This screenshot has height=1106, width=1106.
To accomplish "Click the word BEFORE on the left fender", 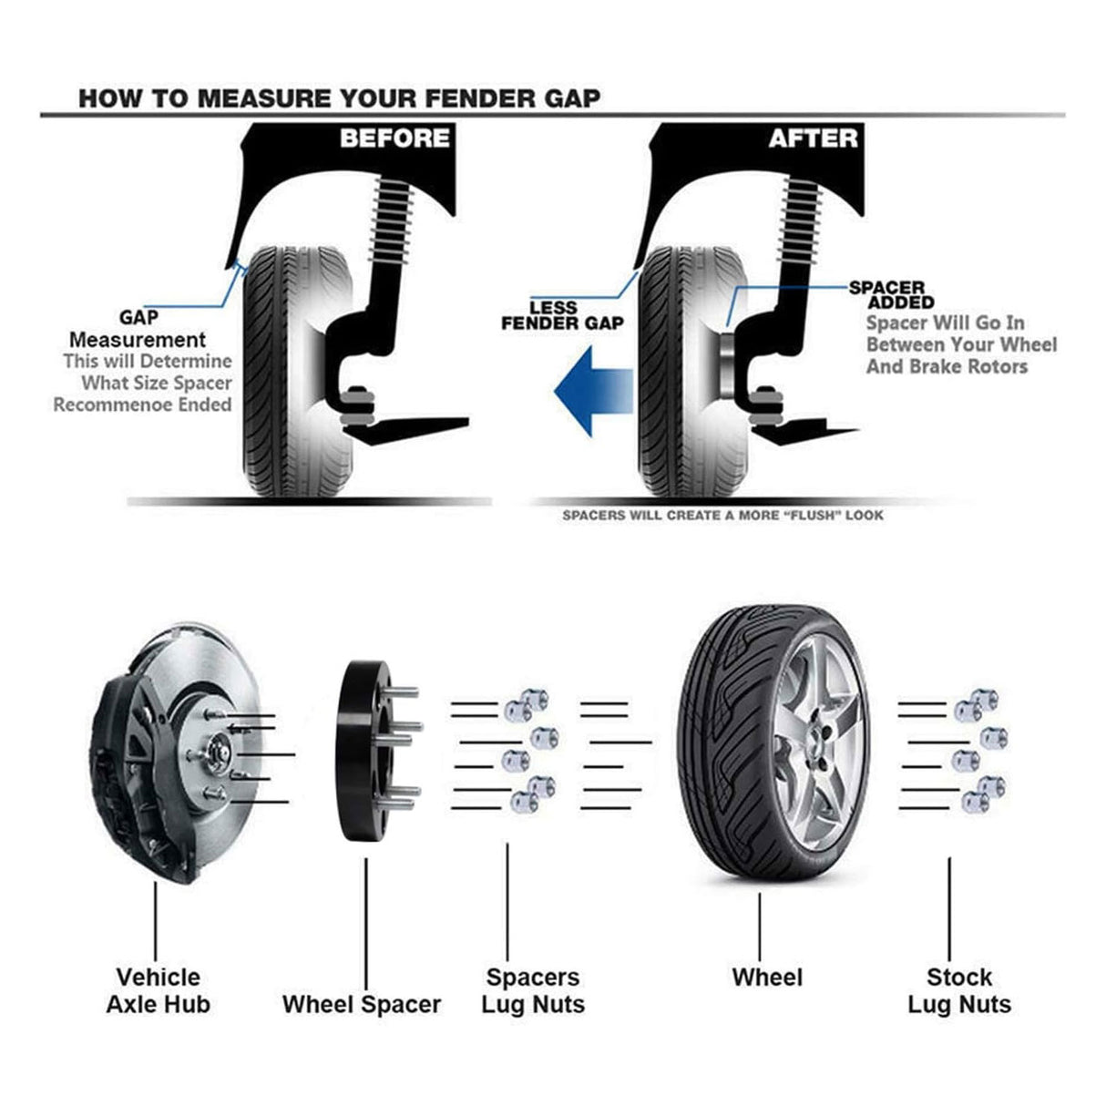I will pyautogui.click(x=394, y=138).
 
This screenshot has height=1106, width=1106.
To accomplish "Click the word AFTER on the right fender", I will pyautogui.click(x=813, y=138).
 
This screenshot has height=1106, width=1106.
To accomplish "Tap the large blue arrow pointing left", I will pyautogui.click(x=593, y=393).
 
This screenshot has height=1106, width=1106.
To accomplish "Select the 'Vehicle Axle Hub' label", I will pyautogui.click(x=158, y=990).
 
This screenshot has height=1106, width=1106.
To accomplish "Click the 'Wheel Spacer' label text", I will pyautogui.click(x=361, y=1004).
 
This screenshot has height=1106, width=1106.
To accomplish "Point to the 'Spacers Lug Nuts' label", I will pyautogui.click(x=532, y=990).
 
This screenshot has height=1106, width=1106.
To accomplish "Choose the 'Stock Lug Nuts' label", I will pyautogui.click(x=958, y=990).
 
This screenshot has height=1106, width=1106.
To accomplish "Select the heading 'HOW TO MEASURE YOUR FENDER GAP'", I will pyautogui.click(x=339, y=98).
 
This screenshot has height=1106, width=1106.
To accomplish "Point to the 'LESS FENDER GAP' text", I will pyautogui.click(x=562, y=315).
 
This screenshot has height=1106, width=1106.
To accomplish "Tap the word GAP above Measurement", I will pyautogui.click(x=138, y=317).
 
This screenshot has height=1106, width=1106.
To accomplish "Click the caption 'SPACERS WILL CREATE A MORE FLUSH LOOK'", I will pyautogui.click(x=722, y=516).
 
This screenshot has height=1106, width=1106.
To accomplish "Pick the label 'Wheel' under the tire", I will pyautogui.click(x=767, y=978).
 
